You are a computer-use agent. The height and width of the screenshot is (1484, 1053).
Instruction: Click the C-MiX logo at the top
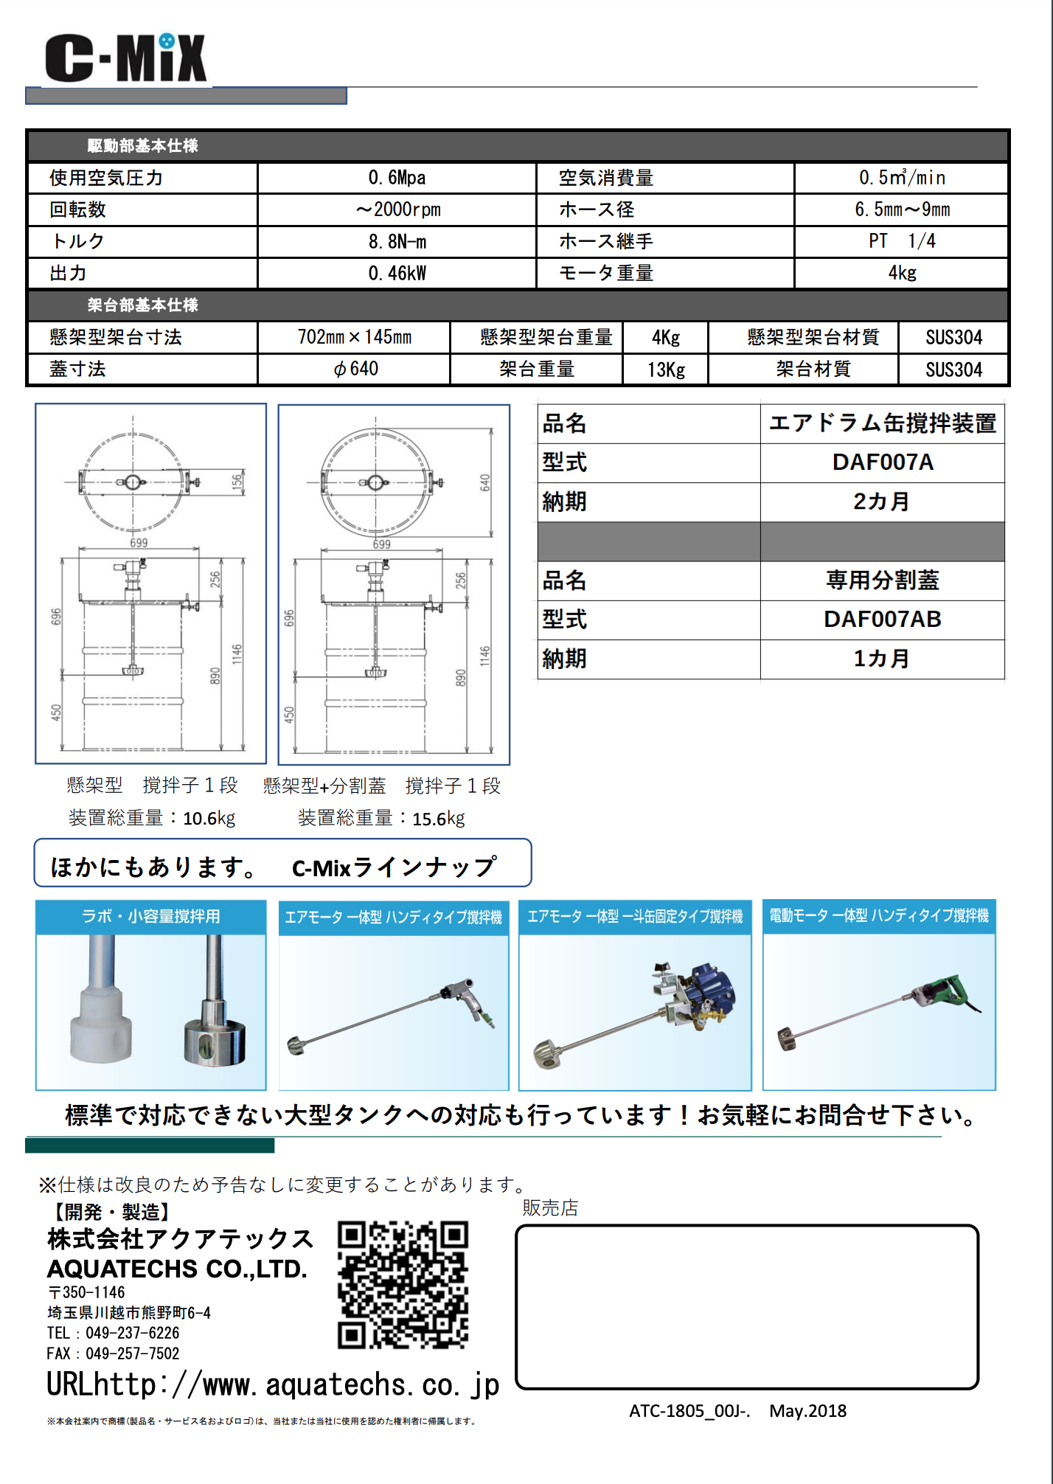(x=125, y=58)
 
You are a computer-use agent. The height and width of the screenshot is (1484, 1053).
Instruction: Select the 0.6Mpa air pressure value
(x=397, y=178)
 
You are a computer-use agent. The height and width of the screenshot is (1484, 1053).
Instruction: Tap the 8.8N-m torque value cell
(x=397, y=242)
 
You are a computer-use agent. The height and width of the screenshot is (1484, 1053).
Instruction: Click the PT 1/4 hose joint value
(x=901, y=241)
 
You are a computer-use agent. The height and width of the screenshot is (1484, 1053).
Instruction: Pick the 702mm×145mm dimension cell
(x=354, y=337)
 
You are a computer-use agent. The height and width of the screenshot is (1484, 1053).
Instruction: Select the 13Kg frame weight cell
(x=666, y=370)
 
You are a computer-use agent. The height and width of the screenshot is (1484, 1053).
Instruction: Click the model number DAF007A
(x=882, y=462)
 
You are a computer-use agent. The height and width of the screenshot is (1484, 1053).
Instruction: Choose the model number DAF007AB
(x=882, y=620)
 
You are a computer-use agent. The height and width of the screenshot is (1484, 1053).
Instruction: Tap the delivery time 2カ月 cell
(x=882, y=502)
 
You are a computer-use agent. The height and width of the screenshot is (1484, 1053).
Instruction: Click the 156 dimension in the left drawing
(x=237, y=482)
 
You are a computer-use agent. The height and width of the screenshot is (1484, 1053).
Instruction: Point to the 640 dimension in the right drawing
(x=484, y=483)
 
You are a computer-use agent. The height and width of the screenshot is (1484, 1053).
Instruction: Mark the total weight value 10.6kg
(x=209, y=818)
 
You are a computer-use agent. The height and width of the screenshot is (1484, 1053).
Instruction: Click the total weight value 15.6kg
(x=438, y=819)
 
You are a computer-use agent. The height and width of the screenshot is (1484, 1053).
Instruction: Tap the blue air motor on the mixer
(x=712, y=988)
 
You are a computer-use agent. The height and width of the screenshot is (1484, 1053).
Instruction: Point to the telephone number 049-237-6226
(x=132, y=1333)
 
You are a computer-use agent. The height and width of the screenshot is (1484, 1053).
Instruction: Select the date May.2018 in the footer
(x=807, y=1411)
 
